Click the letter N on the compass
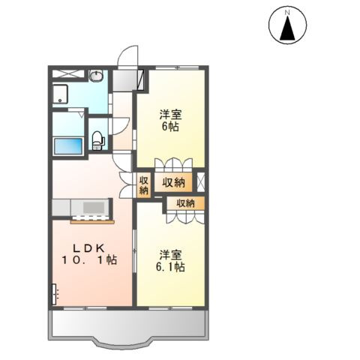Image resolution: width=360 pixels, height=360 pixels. [287, 12]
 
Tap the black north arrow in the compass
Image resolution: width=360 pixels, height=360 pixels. [287, 28]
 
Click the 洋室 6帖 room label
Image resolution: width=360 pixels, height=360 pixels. [171, 121]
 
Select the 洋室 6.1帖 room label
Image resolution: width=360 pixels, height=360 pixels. [171, 261]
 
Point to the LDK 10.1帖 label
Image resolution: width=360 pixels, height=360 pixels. [89, 254]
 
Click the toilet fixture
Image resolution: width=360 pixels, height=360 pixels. [97, 141]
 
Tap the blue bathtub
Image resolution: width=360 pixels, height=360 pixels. [68, 146]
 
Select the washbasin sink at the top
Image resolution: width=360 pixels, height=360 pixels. [96, 76]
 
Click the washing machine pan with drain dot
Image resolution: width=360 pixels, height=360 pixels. [60, 94]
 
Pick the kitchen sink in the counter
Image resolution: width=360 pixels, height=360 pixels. [94, 208]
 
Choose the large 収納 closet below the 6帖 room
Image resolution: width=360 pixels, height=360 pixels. [173, 182]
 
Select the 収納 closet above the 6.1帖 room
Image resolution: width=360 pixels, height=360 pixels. [185, 203]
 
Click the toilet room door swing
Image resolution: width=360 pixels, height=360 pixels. [121, 126]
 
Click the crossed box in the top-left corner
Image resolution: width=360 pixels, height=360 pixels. [68, 74]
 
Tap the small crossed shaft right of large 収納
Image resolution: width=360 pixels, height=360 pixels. [201, 181]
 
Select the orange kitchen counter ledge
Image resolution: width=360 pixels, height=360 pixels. [92, 222]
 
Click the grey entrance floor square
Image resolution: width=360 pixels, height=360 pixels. [122, 80]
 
